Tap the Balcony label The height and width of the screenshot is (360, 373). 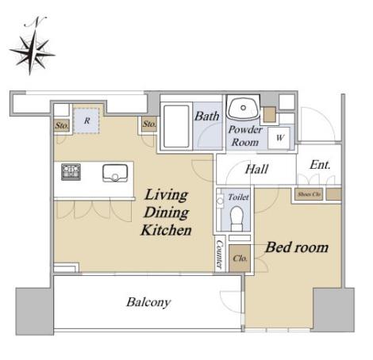click(x=148, y=302)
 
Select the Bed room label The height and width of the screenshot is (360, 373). click(x=297, y=247)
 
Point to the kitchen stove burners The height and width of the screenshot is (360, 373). click(x=71, y=172)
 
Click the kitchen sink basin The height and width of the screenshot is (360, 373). click(x=115, y=173)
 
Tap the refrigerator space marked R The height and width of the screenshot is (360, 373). click(x=87, y=121)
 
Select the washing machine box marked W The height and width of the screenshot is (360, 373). click(x=279, y=138)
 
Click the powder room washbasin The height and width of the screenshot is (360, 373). click(x=244, y=109)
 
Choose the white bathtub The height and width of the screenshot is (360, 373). click(x=176, y=126)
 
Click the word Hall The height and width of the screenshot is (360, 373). click(x=256, y=169)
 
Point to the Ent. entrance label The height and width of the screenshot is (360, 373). click(x=320, y=165)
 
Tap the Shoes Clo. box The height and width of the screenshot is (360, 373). click(x=309, y=194)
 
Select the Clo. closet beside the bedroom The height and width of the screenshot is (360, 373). click(x=240, y=259)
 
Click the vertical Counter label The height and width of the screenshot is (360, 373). click(x=219, y=255)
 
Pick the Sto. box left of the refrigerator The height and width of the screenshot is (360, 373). click(x=62, y=125)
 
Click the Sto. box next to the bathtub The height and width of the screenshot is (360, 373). click(x=149, y=124)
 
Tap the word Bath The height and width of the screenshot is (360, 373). click(x=207, y=116)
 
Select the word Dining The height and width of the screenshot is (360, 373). click(x=167, y=213)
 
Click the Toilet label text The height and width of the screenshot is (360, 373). click(x=238, y=197)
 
